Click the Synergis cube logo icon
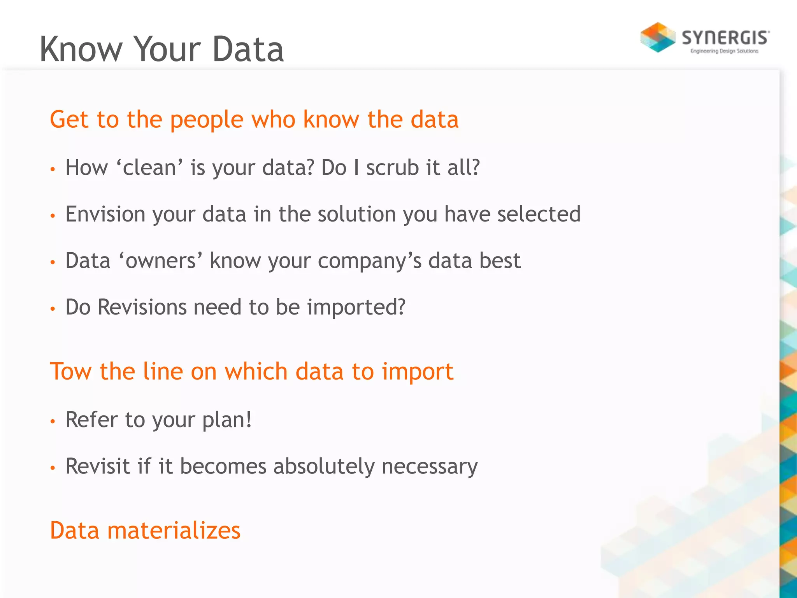[x=658, y=37]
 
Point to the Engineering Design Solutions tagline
[x=724, y=51]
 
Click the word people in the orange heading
[x=207, y=120]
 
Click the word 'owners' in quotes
[x=160, y=261]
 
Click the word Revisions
[x=142, y=307]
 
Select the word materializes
[x=174, y=531]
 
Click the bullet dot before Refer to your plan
[x=53, y=421]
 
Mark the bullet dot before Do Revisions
[x=53, y=309]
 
